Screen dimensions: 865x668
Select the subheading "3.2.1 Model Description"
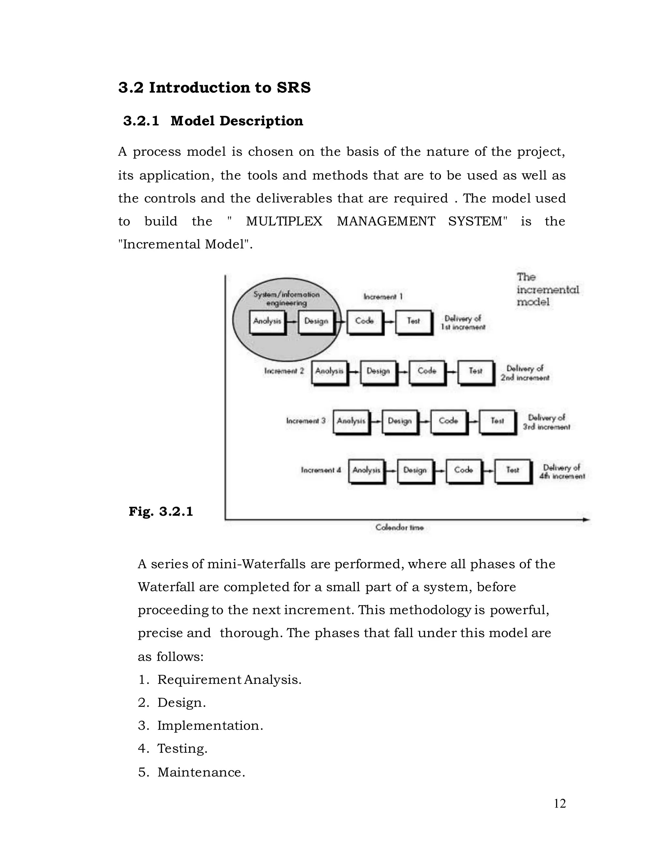pos(213,121)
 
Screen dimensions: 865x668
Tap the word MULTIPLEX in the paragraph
pos(284,221)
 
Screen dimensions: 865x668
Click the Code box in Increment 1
pos(364,321)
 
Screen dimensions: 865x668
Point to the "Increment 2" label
pos(284,371)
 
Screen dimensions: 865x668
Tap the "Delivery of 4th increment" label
pos(562,472)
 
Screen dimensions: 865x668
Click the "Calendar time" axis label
pos(399,527)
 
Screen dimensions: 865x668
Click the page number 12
pos(560,803)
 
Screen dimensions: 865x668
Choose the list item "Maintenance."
pos(201,772)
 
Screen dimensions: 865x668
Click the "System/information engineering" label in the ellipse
pos(286,299)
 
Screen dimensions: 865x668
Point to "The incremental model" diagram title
pos(547,290)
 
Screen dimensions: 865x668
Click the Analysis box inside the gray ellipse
pos(267,321)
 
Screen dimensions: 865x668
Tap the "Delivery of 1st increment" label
pos(463,323)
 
